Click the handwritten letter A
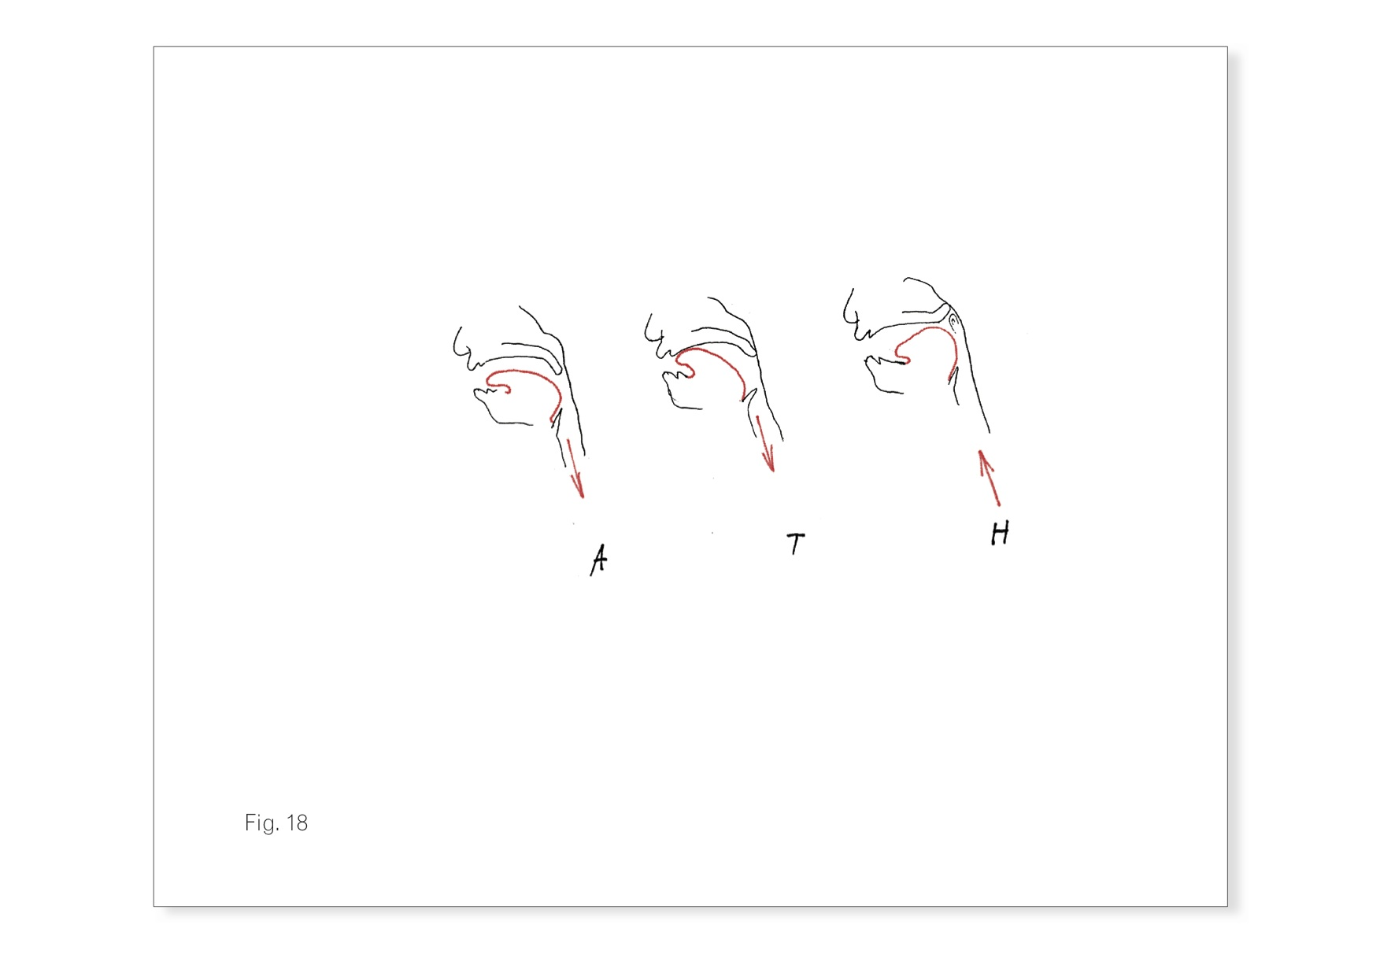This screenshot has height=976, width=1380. (599, 560)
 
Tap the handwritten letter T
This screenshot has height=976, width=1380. (796, 543)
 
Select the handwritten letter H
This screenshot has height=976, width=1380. (1000, 533)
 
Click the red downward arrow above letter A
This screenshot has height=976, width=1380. (575, 468)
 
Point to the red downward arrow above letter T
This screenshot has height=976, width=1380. (765, 444)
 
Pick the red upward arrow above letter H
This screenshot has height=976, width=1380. (989, 477)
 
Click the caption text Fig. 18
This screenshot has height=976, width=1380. (276, 823)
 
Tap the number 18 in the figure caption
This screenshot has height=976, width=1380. (297, 823)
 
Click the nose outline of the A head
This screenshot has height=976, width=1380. (459, 345)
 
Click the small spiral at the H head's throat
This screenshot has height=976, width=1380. (953, 320)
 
